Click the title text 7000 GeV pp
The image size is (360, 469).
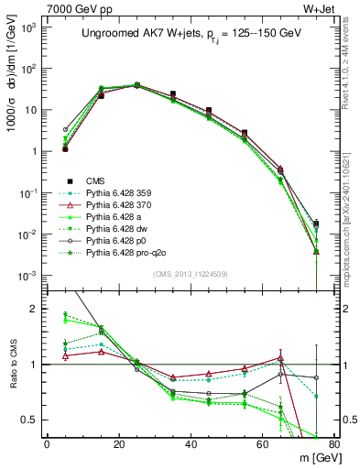71,7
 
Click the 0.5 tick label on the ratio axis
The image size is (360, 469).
30,420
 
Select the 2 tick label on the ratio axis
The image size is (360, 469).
35,310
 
